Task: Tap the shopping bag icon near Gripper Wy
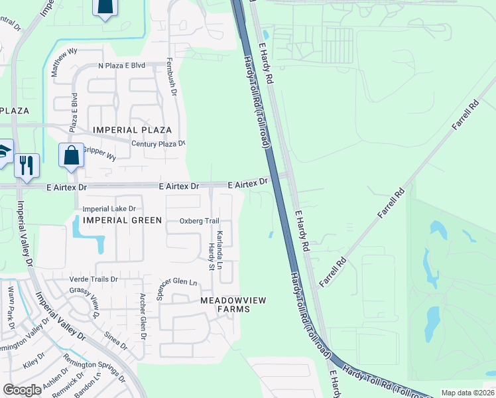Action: tap(72, 156)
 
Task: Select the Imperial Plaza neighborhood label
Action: tap(133, 130)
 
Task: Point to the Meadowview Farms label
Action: tap(233, 305)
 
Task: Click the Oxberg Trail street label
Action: tap(199, 221)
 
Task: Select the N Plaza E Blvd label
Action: tap(121, 66)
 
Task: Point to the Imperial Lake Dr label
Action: tap(109, 209)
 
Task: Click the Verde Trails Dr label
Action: tap(93, 279)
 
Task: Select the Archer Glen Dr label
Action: tap(142, 317)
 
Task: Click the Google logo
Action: tap(22, 390)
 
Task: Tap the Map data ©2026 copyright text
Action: tap(467, 393)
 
